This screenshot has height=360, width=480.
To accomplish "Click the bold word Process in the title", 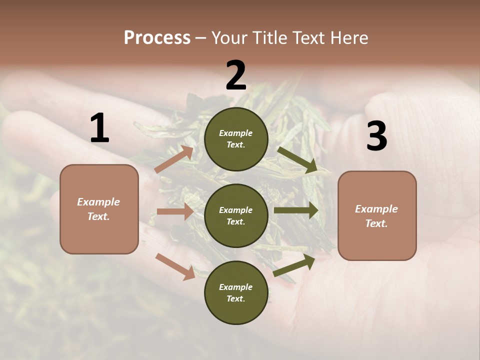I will coord(157,37).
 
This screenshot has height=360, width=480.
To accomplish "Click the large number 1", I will coord(99,128).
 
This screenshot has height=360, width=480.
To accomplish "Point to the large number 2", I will coord(236,75).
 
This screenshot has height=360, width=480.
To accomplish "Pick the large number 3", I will coord(376,136).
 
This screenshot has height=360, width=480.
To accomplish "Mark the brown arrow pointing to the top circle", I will coord(174,159).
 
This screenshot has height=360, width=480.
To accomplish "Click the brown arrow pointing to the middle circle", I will coord(175,211).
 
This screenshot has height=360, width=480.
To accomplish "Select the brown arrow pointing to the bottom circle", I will coord(175,266).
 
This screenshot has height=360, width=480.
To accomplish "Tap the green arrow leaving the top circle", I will coord(297,160).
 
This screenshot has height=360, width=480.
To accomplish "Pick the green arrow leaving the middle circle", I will coord(296,210).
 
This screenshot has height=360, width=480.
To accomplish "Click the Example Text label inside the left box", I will coord(98,209).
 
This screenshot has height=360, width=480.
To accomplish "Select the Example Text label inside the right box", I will coord(376,216).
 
